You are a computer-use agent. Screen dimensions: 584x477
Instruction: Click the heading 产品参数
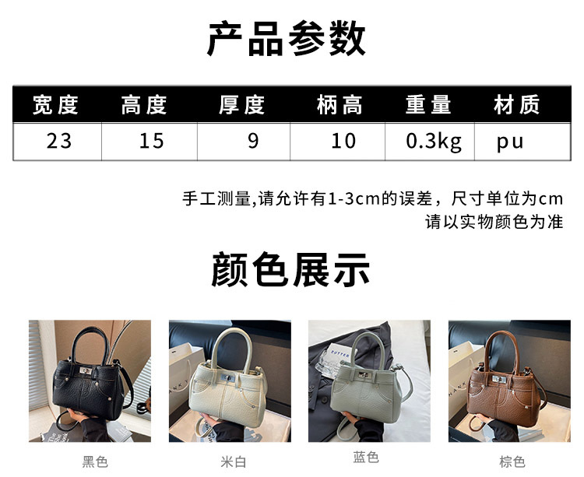(286, 39)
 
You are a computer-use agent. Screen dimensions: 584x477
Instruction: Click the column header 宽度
(55, 104)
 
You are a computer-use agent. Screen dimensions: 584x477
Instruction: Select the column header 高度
(144, 104)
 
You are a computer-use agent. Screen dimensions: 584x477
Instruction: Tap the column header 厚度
(241, 104)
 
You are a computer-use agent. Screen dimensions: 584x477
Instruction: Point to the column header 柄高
(339, 104)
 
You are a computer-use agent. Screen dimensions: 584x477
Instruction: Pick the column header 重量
(428, 104)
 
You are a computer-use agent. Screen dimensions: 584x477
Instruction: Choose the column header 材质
(516, 104)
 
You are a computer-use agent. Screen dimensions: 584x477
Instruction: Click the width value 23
(59, 141)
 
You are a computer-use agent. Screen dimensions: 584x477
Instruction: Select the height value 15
(151, 141)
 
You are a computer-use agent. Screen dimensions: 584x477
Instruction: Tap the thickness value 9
(253, 141)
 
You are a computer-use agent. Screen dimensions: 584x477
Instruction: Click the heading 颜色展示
(290, 269)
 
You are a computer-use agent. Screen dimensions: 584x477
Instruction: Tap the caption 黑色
(95, 461)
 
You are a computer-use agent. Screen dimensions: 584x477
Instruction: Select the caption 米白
(234, 461)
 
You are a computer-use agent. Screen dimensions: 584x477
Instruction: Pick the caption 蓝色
(366, 457)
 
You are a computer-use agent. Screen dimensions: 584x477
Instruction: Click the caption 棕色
(512, 461)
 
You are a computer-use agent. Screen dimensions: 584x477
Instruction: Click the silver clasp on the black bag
(86, 370)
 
